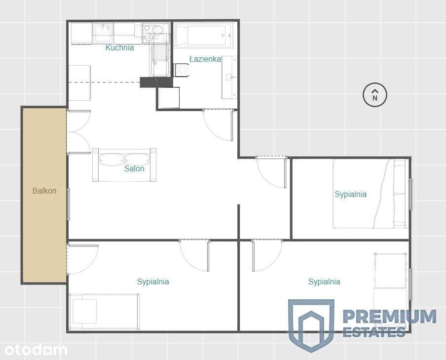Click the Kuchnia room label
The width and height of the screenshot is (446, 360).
119,48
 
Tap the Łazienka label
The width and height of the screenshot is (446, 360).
205,59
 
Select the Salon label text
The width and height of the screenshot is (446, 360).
134,168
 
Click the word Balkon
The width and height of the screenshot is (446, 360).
44,191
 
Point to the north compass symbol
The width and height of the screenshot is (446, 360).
375,95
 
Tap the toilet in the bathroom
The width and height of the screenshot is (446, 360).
182,71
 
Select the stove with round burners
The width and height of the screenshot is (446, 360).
156,32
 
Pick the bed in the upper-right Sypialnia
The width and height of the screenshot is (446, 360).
370,194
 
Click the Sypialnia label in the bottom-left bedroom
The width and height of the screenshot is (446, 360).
153,281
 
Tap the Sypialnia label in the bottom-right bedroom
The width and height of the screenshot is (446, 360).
324,281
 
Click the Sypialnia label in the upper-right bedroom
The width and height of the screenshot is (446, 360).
350,194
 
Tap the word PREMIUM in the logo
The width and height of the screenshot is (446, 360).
389,317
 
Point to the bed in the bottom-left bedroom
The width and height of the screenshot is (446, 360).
104,311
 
